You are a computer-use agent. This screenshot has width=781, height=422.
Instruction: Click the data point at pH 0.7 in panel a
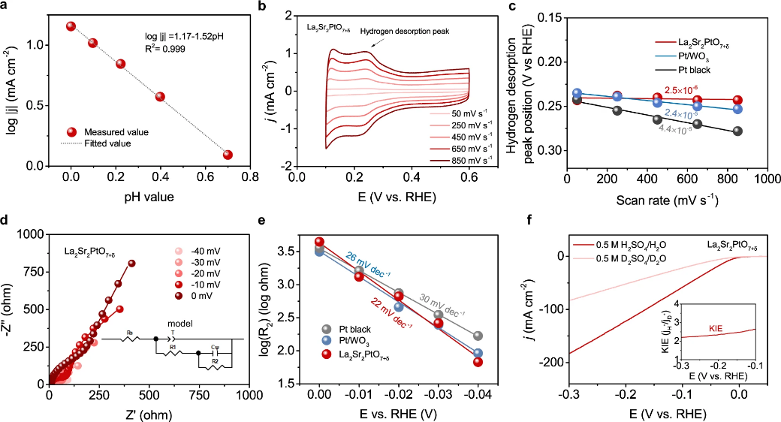[x=228, y=155]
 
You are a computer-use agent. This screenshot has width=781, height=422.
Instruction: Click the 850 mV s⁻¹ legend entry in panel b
[x=472, y=160]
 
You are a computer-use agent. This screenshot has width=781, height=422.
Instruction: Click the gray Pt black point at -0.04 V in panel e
[x=478, y=336]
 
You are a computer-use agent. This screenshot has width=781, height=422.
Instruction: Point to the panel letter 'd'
[x=7, y=222]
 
